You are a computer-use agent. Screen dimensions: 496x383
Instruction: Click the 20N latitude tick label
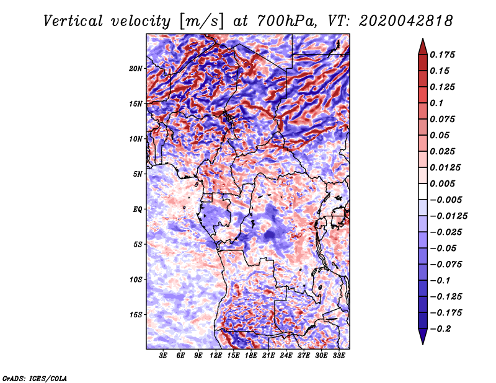point(136,69)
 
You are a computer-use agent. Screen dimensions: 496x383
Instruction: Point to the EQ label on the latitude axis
point(138,209)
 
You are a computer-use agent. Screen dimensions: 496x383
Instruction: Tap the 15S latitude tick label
point(136,315)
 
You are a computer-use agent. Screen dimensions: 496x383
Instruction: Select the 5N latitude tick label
point(138,174)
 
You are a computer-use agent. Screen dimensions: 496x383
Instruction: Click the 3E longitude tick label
point(163,356)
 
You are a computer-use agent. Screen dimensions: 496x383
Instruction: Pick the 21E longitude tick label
point(268,356)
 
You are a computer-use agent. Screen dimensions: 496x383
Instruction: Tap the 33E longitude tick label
point(339,356)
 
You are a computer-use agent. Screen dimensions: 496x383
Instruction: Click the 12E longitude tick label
point(215,356)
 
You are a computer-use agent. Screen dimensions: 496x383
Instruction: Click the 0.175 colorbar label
point(442,55)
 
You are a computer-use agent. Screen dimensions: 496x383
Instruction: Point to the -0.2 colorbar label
point(440,329)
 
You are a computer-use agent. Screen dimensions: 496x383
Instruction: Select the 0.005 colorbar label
point(442,183)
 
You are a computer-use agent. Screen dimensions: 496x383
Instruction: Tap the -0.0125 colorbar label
point(448,216)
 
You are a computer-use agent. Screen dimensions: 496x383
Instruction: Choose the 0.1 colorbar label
point(436,103)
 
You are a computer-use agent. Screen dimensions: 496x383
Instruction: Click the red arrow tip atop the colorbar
point(423,38)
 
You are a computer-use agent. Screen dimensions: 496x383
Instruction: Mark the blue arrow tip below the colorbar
point(423,344)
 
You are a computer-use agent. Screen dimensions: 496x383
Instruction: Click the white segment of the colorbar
point(423,191)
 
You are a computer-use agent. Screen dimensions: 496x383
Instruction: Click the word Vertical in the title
point(73,21)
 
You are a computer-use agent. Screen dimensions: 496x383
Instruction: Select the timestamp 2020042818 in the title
point(406,21)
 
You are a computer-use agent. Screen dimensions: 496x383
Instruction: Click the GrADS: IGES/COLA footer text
point(35,379)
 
